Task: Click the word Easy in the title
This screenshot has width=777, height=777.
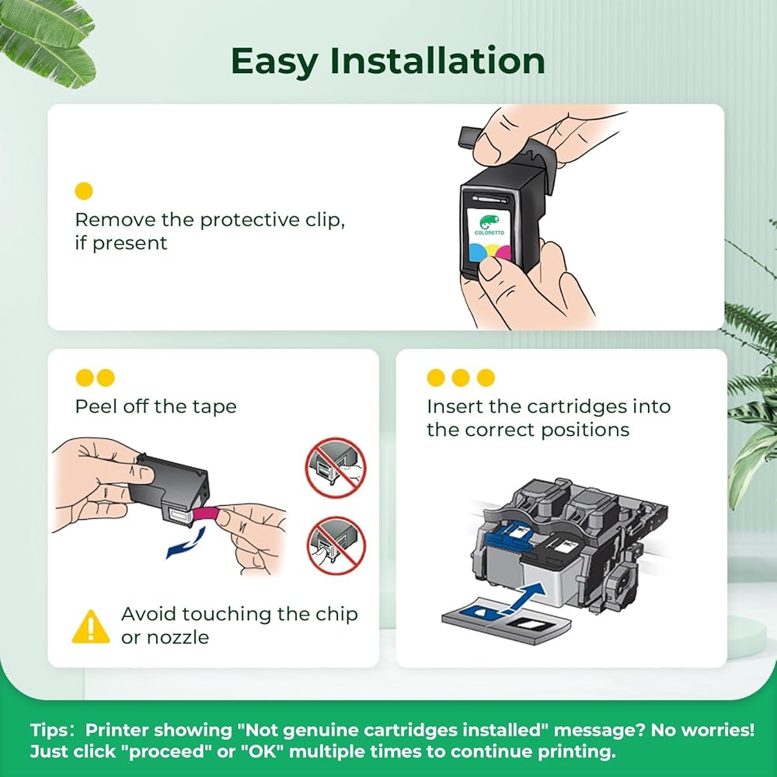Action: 274,62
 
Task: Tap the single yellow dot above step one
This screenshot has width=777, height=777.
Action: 84,191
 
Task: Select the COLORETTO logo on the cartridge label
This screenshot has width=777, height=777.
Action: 489,225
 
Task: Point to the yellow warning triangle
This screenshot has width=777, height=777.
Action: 91,627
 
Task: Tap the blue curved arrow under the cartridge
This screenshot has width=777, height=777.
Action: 186,543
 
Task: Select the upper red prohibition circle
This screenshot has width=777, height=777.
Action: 336,468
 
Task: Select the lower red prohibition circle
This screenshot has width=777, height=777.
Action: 336,545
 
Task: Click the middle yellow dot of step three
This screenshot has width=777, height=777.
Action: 460,378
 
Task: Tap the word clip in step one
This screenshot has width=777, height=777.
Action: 325,220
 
